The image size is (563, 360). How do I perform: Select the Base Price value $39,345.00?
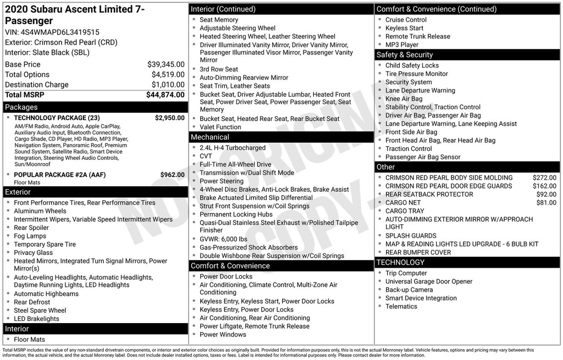click(x=165, y=64)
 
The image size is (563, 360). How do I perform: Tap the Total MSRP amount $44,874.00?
click(x=165, y=95)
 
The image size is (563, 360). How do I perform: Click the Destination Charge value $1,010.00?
click(x=168, y=85)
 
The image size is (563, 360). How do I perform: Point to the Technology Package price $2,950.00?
click(x=169, y=118)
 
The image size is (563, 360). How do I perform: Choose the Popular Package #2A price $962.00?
click(x=172, y=175)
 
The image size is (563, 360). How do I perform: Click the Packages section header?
click(x=21, y=107)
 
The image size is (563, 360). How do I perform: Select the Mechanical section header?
click(x=209, y=137)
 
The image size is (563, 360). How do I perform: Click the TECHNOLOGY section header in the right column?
click(x=401, y=263)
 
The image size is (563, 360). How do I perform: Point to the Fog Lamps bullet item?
click(x=30, y=236)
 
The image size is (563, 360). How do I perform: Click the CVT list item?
click(x=206, y=156)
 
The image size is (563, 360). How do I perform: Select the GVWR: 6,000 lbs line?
click(x=223, y=239)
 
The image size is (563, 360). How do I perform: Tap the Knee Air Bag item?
click(x=404, y=99)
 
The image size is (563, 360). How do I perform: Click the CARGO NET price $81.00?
click(x=546, y=203)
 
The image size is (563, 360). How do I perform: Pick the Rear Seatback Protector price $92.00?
click(x=546, y=195)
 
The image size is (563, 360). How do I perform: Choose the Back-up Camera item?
click(x=409, y=290)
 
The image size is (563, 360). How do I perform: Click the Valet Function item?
click(x=220, y=127)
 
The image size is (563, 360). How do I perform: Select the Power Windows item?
click(x=223, y=334)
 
